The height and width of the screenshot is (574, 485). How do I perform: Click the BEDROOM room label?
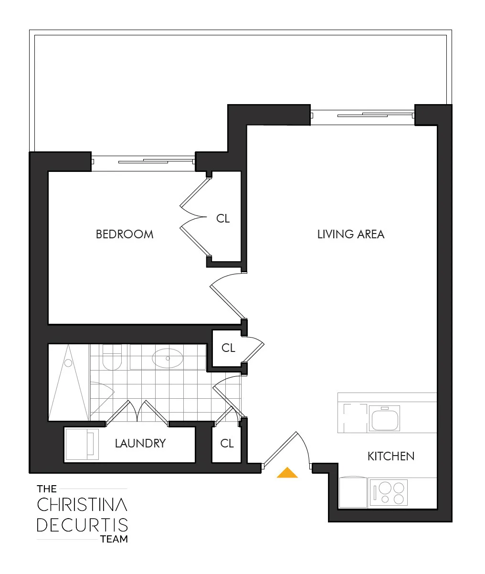pyautogui.click(x=125, y=234)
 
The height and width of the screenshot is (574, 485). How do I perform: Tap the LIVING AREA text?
pyautogui.click(x=350, y=234)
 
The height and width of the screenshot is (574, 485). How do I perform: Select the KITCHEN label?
pyautogui.click(x=390, y=456)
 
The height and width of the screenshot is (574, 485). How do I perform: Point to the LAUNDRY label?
pyautogui.click(x=140, y=443)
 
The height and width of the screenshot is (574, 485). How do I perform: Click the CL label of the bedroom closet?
pyautogui.click(x=223, y=219)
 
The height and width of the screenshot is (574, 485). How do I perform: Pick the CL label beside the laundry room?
pyautogui.click(x=227, y=443)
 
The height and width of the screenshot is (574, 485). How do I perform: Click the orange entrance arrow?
pyautogui.click(x=287, y=473)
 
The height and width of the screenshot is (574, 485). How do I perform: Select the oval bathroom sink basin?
pyautogui.click(x=167, y=357)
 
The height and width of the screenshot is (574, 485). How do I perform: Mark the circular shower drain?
pyautogui.click(x=68, y=363)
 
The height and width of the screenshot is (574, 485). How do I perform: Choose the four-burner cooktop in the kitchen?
pyautogui.click(x=389, y=493)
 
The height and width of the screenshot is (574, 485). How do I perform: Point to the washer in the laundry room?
pyautogui.click(x=82, y=444)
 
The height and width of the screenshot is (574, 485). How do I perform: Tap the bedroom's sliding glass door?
pyautogui.click(x=143, y=161)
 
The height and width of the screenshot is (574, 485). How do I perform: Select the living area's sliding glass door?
pyautogui.click(x=363, y=115)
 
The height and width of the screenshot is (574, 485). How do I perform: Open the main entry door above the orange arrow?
pyautogui.click(x=281, y=449)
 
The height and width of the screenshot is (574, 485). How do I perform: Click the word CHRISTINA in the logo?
pyautogui.click(x=82, y=505)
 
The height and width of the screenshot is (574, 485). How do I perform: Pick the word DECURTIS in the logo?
pyautogui.click(x=82, y=525)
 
